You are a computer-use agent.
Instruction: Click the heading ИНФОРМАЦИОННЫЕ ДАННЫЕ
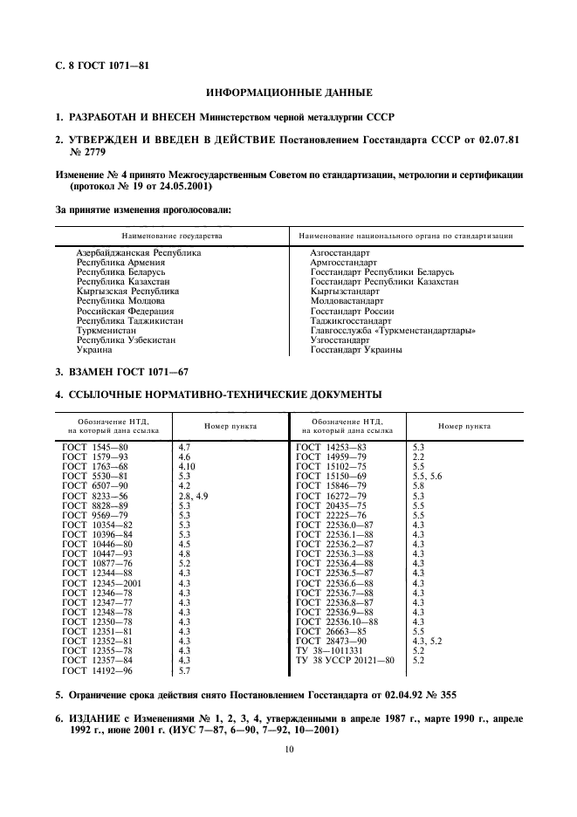pyautogui.click(x=288, y=92)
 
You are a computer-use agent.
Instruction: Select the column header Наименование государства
pyautogui.click(x=172, y=236)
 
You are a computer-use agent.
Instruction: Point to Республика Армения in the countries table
pyautogui.click(x=121, y=262)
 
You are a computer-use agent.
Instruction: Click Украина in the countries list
pyautogui.click(x=94, y=349)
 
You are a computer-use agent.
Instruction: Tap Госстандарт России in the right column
pyautogui.click(x=352, y=311)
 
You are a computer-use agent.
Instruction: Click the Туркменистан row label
pyautogui.click(x=106, y=330)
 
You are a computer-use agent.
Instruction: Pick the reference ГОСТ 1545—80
pyautogui.click(x=96, y=447)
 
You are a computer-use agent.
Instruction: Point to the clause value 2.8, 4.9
pyautogui.click(x=193, y=495)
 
